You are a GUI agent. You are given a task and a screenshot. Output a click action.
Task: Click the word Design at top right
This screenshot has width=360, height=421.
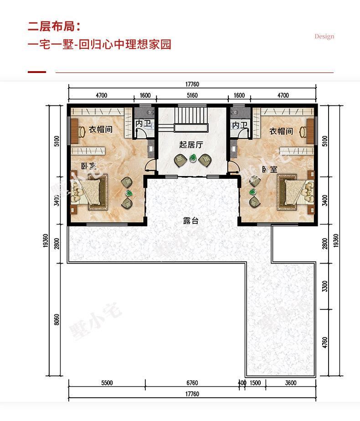pos(324,36)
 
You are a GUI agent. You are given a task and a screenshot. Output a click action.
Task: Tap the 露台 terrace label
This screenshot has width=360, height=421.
pos(191,221)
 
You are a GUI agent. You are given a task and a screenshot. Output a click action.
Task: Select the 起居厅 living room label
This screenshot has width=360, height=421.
pos(191,145)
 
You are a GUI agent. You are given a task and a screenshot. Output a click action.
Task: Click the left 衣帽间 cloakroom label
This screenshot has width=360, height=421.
pos(101,130)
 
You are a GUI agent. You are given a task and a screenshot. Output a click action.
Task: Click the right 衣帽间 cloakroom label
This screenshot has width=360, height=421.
pos(281,131)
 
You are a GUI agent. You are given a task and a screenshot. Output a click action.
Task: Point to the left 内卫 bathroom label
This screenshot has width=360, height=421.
pos(143,124)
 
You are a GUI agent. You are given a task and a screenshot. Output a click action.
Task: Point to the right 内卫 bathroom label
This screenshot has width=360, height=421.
pos(240,125)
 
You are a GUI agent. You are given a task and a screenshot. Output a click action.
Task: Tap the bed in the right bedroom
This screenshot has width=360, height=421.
pos(296,192)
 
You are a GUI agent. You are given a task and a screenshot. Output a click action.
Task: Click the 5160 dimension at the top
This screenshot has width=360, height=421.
pos(192,95)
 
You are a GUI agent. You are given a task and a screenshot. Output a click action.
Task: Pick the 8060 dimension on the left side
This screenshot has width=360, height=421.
pos(57,319)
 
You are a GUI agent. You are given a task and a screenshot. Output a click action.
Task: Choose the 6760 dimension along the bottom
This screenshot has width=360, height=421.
pos(192,383)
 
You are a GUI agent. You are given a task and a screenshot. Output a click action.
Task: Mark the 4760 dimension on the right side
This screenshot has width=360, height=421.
pos(325,343)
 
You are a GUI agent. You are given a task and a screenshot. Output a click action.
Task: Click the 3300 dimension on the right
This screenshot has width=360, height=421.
pos(325,286)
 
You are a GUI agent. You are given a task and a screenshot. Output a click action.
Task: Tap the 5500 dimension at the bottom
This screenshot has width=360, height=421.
pos(107,383)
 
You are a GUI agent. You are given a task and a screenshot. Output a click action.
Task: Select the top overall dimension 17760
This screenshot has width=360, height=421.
pos(192,84)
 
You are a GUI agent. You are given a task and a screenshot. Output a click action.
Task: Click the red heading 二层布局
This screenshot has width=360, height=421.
pos(54,26)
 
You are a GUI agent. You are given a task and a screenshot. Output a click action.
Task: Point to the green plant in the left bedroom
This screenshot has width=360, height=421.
pos(129,193)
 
